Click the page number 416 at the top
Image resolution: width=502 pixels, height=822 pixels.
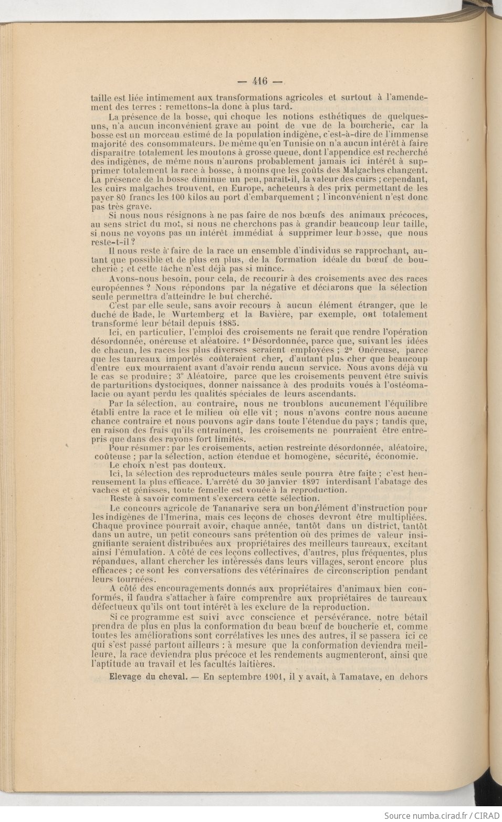click(260, 81)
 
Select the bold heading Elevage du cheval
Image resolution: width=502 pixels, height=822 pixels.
click(148, 677)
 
